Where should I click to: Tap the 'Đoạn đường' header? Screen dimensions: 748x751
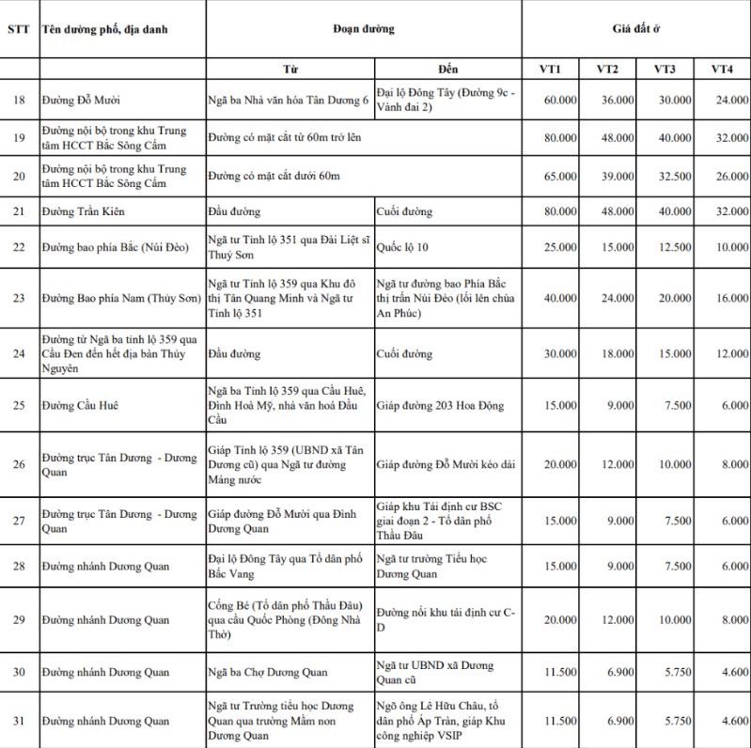pos(364,29)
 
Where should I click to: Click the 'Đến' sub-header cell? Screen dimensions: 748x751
pos(448,69)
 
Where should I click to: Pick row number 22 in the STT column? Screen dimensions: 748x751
pos(18,247)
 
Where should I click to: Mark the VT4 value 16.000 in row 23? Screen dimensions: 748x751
pos(730,298)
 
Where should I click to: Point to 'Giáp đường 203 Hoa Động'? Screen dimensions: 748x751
pos(440,406)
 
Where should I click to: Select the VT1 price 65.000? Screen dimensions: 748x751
pos(560,176)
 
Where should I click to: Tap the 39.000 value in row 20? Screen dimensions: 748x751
pos(617,176)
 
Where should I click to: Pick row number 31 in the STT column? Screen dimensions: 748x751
pos(18,721)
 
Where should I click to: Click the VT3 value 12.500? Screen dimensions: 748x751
pos(673,247)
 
